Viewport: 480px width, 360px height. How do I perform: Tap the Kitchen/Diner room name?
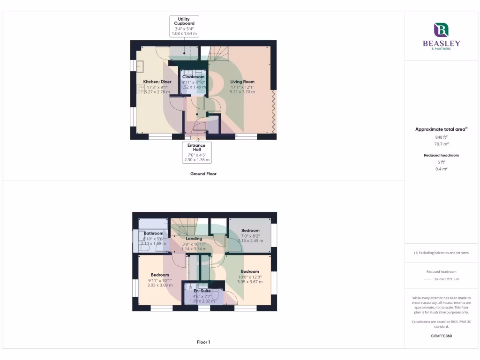pyautogui.click(x=157, y=82)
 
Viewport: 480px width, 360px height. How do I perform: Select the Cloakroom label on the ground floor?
pyautogui.click(x=193, y=76)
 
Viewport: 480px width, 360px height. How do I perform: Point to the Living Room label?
pyautogui.click(x=242, y=82)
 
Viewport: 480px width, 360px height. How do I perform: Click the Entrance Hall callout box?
pyautogui.click(x=196, y=152)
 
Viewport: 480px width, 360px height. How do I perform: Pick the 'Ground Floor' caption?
pyautogui.click(x=203, y=173)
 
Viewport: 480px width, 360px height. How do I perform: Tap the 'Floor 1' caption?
pyautogui.click(x=203, y=342)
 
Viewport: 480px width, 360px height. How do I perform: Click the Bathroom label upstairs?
pyautogui.click(x=153, y=233)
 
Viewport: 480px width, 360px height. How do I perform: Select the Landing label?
pyautogui.click(x=194, y=239)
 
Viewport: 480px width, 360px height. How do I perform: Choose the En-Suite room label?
pyautogui.click(x=202, y=291)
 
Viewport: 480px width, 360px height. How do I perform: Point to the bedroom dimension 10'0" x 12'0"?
pyautogui.click(x=249, y=277)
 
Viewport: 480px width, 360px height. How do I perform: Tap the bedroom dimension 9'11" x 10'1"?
pyautogui.click(x=159, y=280)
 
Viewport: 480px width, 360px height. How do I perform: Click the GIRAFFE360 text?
pyautogui.click(x=441, y=336)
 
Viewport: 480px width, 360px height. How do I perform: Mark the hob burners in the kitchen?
pyautogui.click(x=141, y=89)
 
